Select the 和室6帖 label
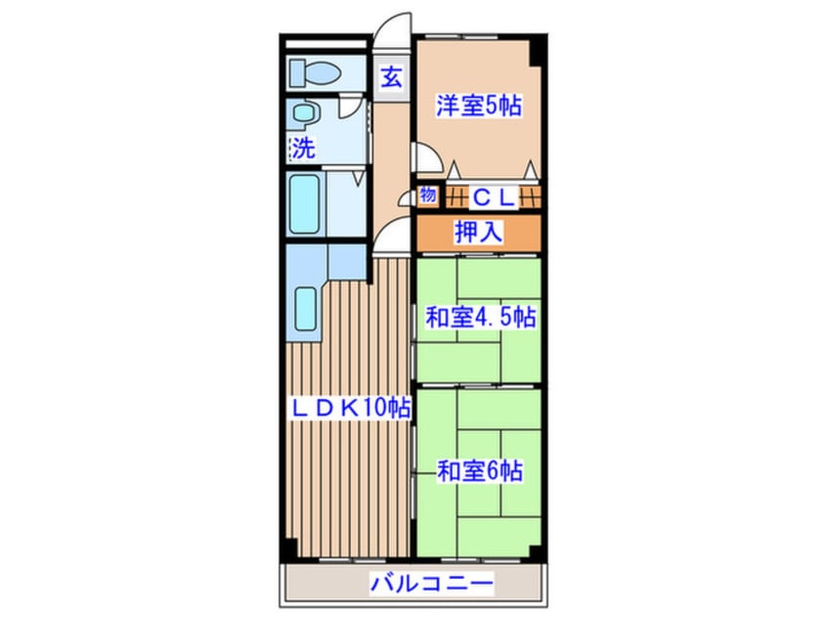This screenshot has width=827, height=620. (x=478, y=470)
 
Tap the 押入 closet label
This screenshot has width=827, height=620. (x=478, y=233)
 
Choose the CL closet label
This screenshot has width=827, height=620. (x=494, y=197)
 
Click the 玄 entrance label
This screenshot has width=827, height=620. (x=391, y=77)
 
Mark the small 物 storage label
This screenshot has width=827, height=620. (x=427, y=195)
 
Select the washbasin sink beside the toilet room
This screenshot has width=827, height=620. (x=303, y=113)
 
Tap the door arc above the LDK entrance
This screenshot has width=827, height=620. (x=394, y=237)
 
